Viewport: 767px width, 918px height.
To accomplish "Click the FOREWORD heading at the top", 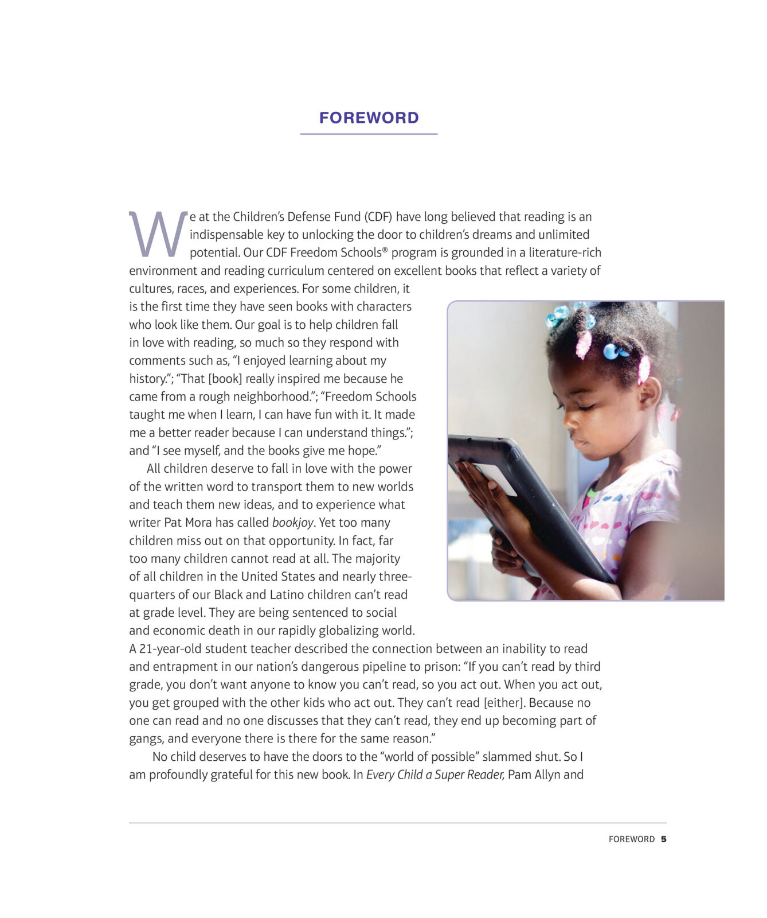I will click(369, 118).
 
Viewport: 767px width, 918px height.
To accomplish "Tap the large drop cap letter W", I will click(158, 234).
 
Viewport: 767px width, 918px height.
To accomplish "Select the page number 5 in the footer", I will click(664, 839).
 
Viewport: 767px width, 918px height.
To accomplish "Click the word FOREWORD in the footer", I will click(631, 839).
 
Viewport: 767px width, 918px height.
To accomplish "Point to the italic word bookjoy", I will click(293, 523).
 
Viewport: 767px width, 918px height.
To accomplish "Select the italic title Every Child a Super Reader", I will click(435, 775).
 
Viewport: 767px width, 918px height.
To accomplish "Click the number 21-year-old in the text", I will click(170, 649).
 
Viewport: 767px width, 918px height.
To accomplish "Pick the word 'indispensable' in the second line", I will click(226, 235).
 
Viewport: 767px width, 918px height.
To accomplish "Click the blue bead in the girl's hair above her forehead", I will click(611, 351).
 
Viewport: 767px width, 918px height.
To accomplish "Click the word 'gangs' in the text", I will click(146, 739).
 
